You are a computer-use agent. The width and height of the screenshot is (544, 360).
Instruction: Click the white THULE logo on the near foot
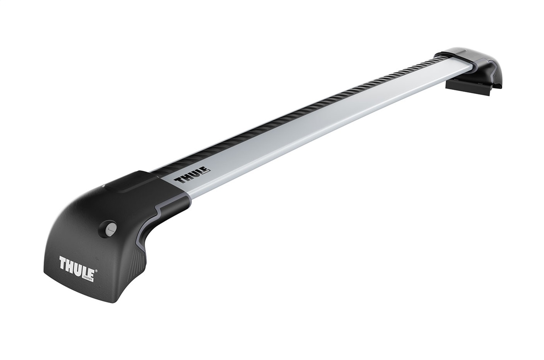click(76, 263)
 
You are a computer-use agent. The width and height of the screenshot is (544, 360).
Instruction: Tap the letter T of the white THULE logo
click(61, 262)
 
